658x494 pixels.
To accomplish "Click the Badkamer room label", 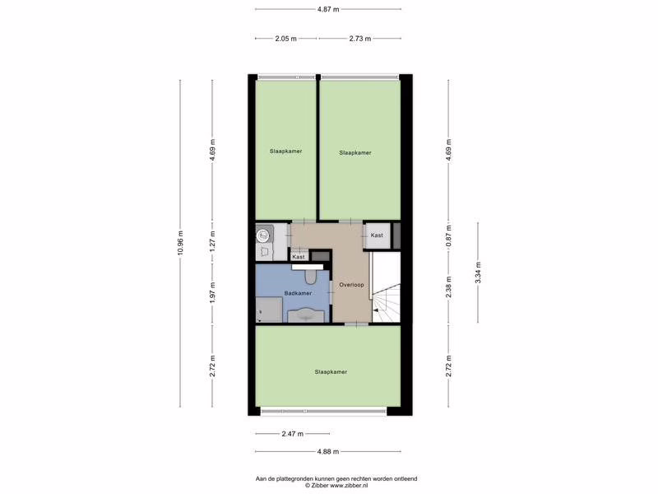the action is point(298,293).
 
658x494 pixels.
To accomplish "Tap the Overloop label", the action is point(352,285).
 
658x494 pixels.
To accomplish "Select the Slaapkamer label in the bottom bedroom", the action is point(331,372).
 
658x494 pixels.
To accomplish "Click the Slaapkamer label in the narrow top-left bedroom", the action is point(285,151).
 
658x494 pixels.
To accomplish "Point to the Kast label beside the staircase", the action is point(377,235).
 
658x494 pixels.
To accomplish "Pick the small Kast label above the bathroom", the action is point(299,257).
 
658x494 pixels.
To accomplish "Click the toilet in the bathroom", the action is point(311,276).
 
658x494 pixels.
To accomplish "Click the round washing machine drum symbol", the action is point(263,236).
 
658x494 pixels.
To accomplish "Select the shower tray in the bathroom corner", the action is point(269,310).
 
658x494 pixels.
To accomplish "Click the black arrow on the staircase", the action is point(376,310).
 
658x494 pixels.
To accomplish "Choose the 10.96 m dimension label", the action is point(180,243).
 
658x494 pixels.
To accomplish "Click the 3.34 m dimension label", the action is point(478,273).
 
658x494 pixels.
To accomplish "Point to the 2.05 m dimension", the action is point(285,39).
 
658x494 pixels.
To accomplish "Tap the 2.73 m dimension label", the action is point(360,39).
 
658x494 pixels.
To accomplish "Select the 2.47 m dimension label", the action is point(293,434).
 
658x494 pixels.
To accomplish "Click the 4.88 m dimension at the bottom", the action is point(327,452).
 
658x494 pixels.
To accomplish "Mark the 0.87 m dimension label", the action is point(448,236).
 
